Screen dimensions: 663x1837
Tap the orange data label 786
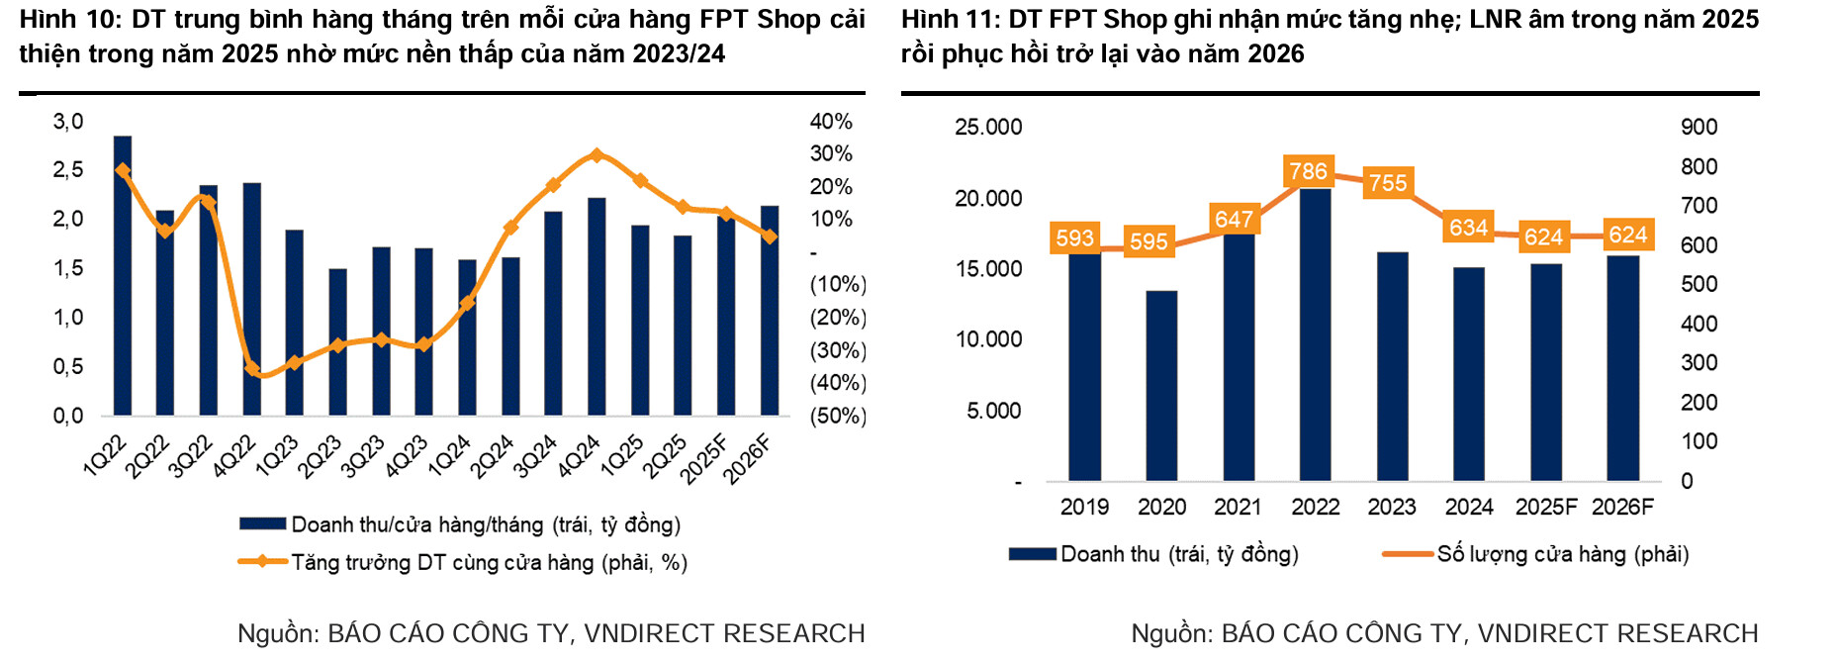pyautogui.click(x=1308, y=171)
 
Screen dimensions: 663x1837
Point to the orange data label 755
pyautogui.click(x=1388, y=183)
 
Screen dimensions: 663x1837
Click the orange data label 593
pyautogui.click(x=1074, y=238)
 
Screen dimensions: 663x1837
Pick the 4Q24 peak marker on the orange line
pyautogui.click(x=596, y=155)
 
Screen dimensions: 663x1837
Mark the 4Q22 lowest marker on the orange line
pyautogui.click(x=251, y=369)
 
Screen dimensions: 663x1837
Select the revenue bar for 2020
pyautogui.click(x=1161, y=386)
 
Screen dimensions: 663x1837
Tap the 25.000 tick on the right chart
pyautogui.click(x=988, y=128)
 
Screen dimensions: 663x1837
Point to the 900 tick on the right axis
pyautogui.click(x=1699, y=128)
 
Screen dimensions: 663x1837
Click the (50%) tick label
pyautogui.click(x=838, y=416)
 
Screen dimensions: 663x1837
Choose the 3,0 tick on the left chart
pyautogui.click(x=68, y=122)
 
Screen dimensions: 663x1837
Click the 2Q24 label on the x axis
pyautogui.click(x=492, y=457)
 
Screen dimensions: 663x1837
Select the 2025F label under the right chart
pyautogui.click(x=1545, y=507)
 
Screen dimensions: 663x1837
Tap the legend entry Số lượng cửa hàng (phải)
pyautogui.click(x=1562, y=554)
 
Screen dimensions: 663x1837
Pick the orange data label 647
pyautogui.click(x=1234, y=219)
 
